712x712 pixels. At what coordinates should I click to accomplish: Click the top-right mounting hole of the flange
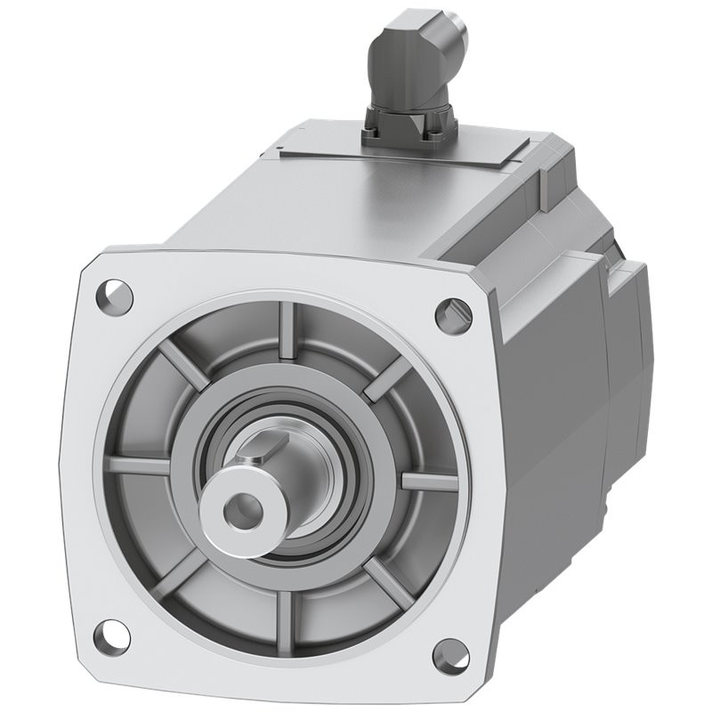[453, 315]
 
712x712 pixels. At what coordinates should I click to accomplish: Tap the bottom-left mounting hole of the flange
[111, 635]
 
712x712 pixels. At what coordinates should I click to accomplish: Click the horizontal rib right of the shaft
[429, 481]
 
